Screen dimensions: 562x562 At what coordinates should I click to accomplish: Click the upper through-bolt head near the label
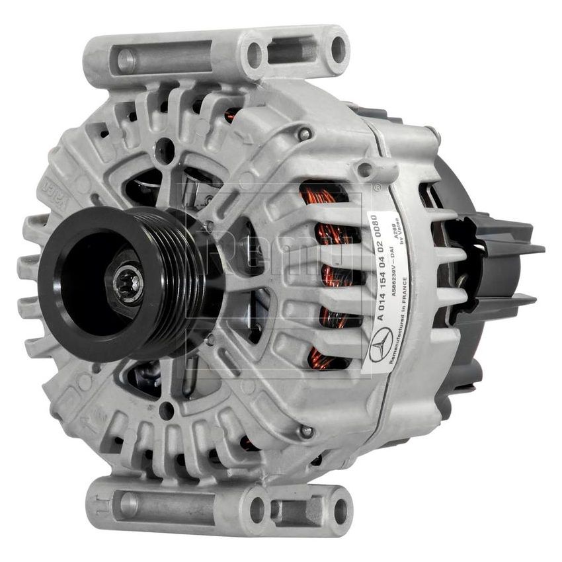click(305, 134)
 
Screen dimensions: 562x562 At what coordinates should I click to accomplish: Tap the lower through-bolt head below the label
click(305, 431)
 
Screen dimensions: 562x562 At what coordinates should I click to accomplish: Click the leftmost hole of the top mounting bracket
click(126, 60)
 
